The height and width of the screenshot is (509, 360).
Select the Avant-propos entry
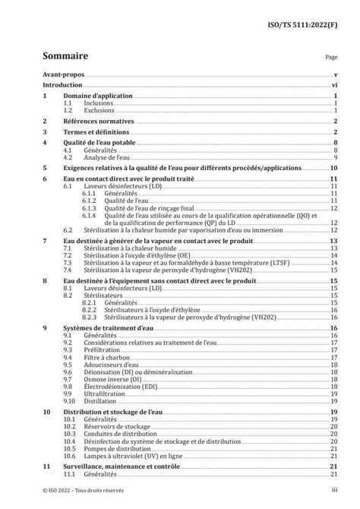click(62, 76)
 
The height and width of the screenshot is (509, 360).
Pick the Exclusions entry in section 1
click(99, 111)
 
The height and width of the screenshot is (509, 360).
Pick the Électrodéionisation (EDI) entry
click(118, 386)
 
